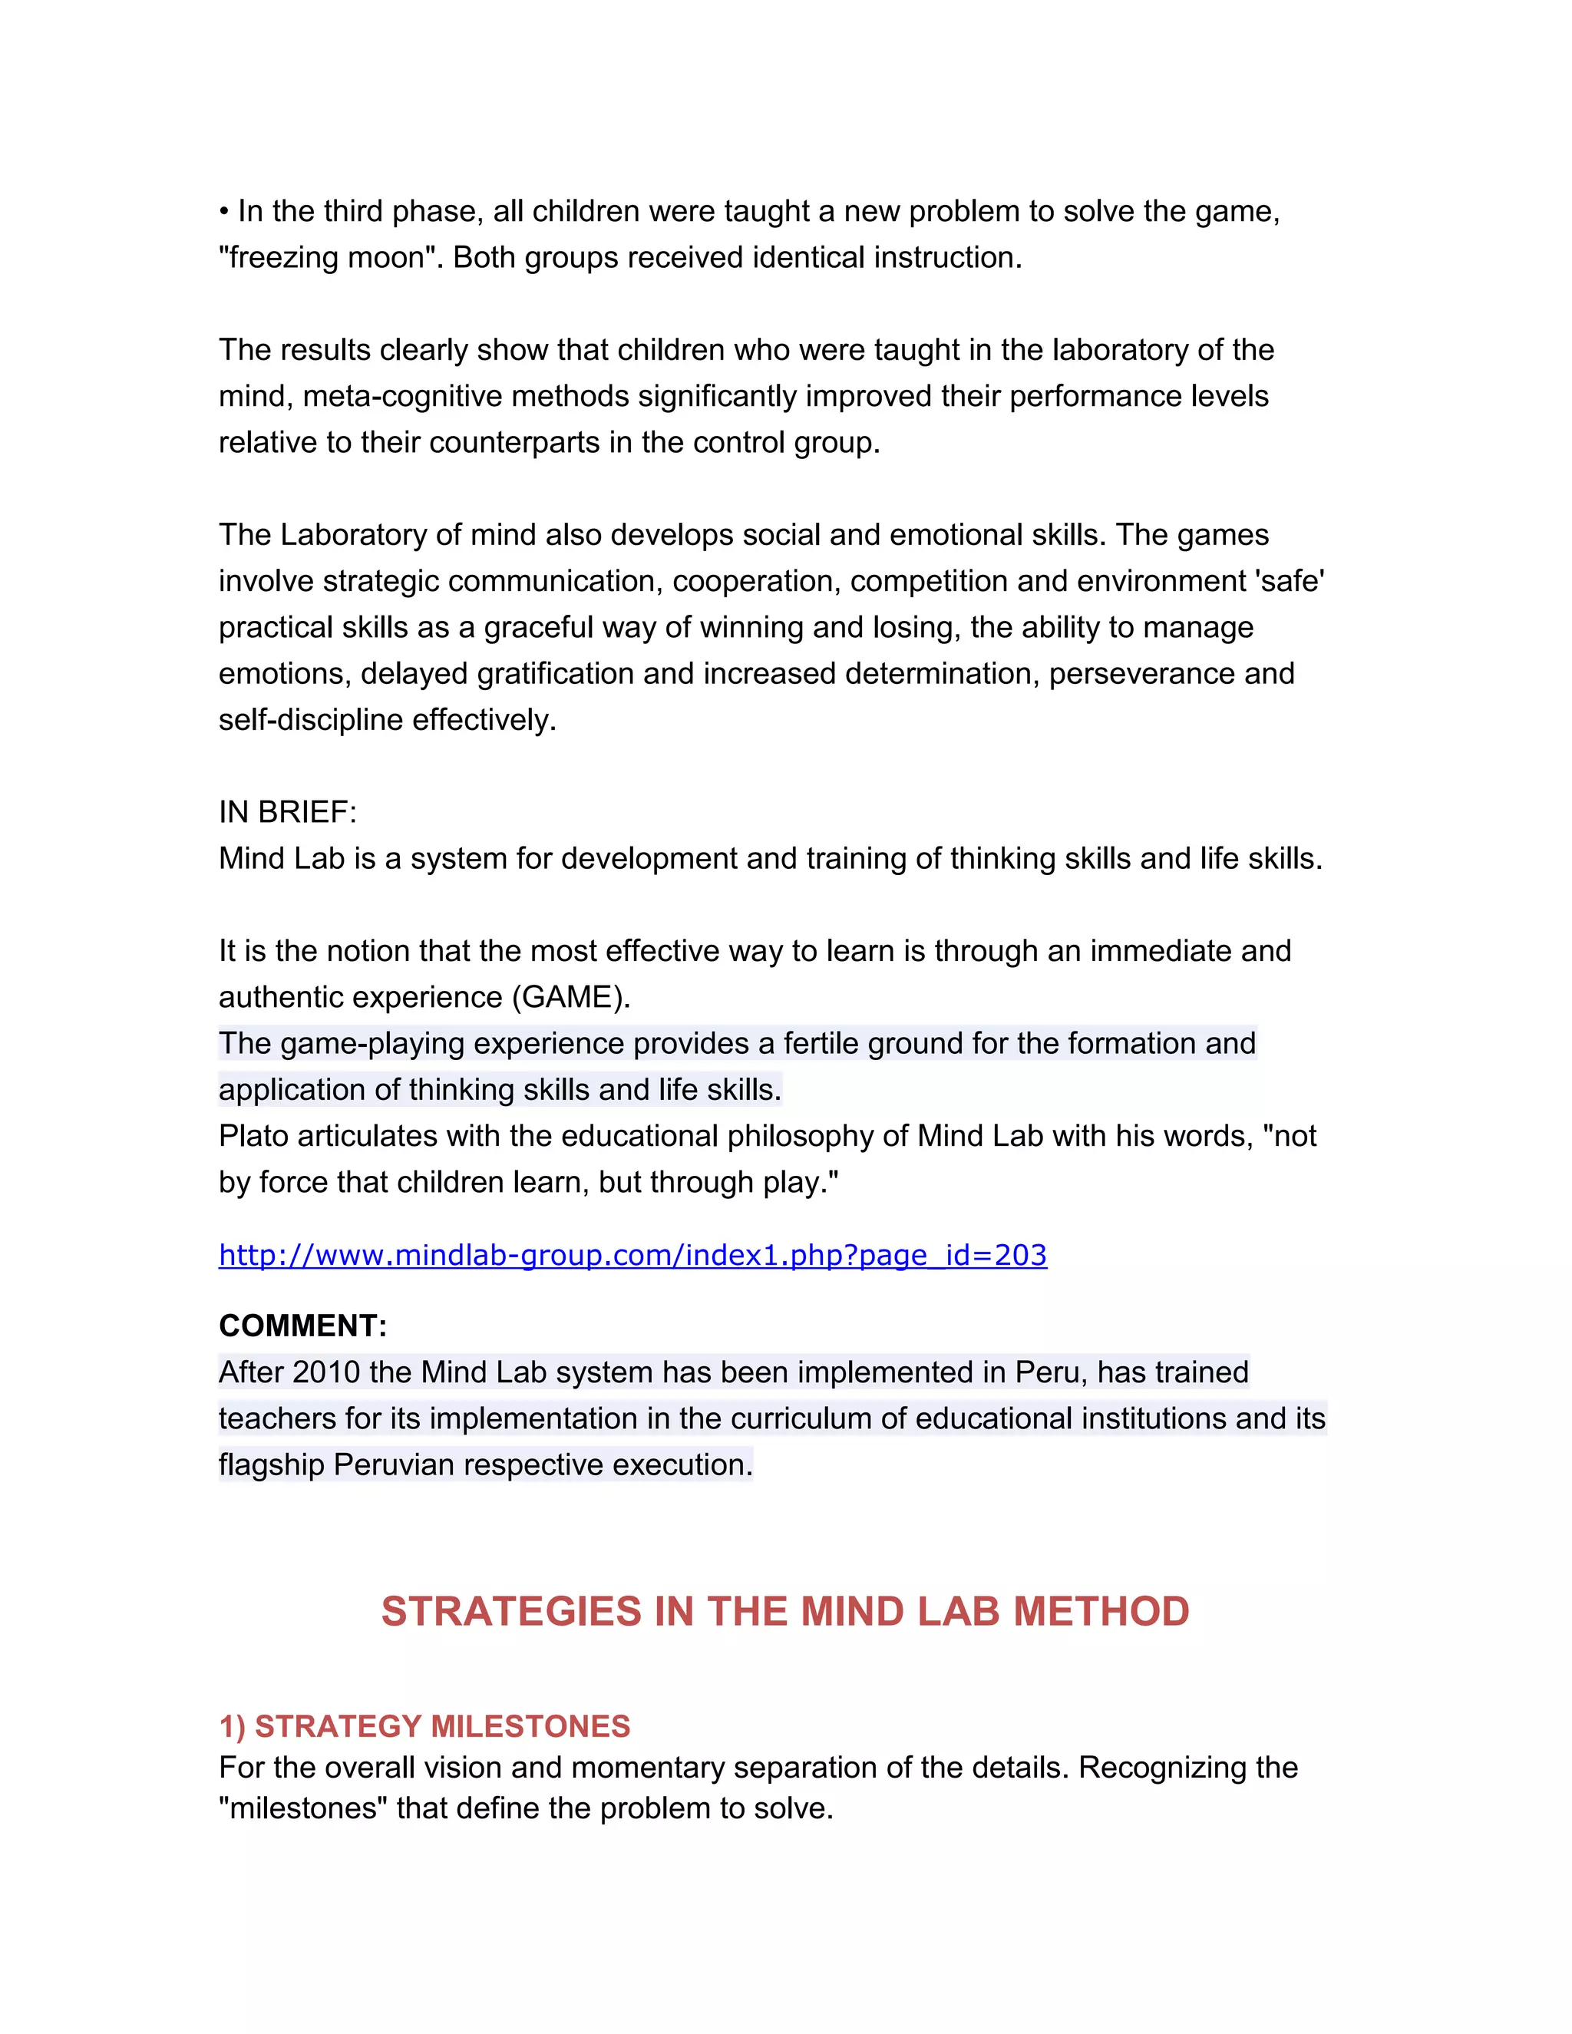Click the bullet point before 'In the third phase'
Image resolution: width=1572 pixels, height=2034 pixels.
(x=223, y=213)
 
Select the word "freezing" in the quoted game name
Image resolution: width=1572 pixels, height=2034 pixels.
(x=279, y=258)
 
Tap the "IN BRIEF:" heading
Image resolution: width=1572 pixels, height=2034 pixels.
(x=288, y=812)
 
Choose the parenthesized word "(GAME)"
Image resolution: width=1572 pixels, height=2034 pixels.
(x=571, y=998)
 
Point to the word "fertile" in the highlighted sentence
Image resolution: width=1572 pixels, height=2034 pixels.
(x=821, y=1043)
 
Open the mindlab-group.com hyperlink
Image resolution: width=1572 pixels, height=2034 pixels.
(x=632, y=1256)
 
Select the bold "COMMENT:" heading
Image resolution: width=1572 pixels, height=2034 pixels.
(x=302, y=1326)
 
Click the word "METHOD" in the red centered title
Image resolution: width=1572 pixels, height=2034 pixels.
(x=1101, y=1612)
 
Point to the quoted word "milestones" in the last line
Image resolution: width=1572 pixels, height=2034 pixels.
(x=302, y=1808)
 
